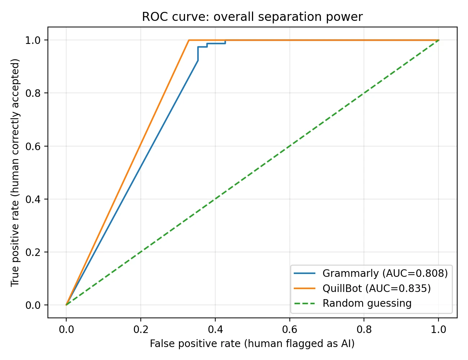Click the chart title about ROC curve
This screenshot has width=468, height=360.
tap(252, 17)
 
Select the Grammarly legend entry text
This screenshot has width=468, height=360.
tap(385, 274)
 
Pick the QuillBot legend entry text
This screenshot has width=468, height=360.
tap(377, 288)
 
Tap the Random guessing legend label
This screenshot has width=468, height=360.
tap(367, 303)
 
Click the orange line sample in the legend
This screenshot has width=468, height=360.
tap(305, 288)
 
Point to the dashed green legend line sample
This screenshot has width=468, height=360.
tap(305, 303)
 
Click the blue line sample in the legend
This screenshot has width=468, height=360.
tap(305, 274)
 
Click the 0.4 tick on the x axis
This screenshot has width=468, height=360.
tap(215, 329)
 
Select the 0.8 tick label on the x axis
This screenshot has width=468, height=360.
tap(364, 329)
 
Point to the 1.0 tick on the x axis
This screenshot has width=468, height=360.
tap(438, 329)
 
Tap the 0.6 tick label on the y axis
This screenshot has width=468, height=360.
tap(33, 146)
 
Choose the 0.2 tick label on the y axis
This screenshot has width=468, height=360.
tap(33, 252)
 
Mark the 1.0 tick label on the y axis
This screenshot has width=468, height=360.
tap(33, 40)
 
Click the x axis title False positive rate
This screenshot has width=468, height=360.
tap(252, 344)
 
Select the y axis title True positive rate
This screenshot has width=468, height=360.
tap(15, 173)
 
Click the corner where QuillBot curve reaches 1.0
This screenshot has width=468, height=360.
tap(189, 40)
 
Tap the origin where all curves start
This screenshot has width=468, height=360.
tap(66, 305)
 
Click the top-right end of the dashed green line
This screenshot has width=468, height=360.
tap(438, 40)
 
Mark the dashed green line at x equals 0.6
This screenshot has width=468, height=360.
tap(289, 146)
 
